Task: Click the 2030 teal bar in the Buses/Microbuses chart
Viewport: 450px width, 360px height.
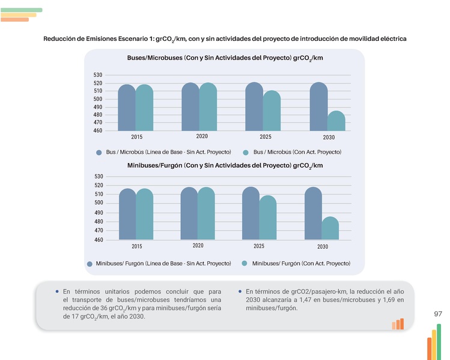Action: pos(336,121)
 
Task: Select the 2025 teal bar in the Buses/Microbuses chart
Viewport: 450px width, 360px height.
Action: pos(272,111)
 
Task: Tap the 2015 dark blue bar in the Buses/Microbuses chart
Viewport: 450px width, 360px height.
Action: pos(127,108)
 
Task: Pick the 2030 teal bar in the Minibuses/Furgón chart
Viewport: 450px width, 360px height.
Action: pos(330,228)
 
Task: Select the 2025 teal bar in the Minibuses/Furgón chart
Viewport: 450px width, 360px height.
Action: pos(268,218)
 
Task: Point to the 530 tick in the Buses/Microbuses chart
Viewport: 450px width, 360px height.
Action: pos(97,75)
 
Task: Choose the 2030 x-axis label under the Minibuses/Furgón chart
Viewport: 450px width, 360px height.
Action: pos(323,246)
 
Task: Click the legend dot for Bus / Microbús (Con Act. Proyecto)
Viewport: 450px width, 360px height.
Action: pos(245,153)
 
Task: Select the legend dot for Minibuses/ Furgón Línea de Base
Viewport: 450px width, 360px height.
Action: pos(90,264)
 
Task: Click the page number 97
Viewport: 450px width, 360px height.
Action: pos(437,314)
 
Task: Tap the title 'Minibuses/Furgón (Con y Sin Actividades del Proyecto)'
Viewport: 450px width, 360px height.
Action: pos(225,165)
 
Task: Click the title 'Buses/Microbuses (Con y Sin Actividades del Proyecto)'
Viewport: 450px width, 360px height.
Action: pos(225,59)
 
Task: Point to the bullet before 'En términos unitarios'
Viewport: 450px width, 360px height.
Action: pos(56,291)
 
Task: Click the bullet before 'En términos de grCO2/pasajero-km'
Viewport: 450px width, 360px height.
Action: pos(240,291)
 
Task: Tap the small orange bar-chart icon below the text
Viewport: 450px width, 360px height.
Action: pos(398,324)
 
